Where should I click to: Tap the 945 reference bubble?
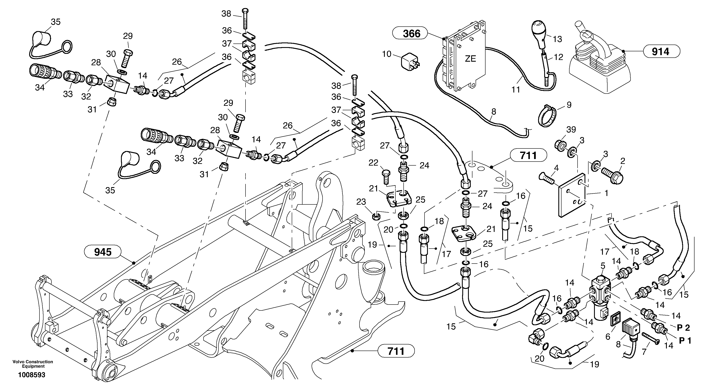(x=103, y=252)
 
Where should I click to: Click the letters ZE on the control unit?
(x=470, y=58)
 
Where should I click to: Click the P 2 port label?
(x=683, y=328)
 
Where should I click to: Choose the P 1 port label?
(x=685, y=341)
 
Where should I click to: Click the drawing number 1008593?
(x=32, y=375)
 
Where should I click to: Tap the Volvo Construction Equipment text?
(x=33, y=364)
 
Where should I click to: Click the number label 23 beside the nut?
(x=361, y=202)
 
